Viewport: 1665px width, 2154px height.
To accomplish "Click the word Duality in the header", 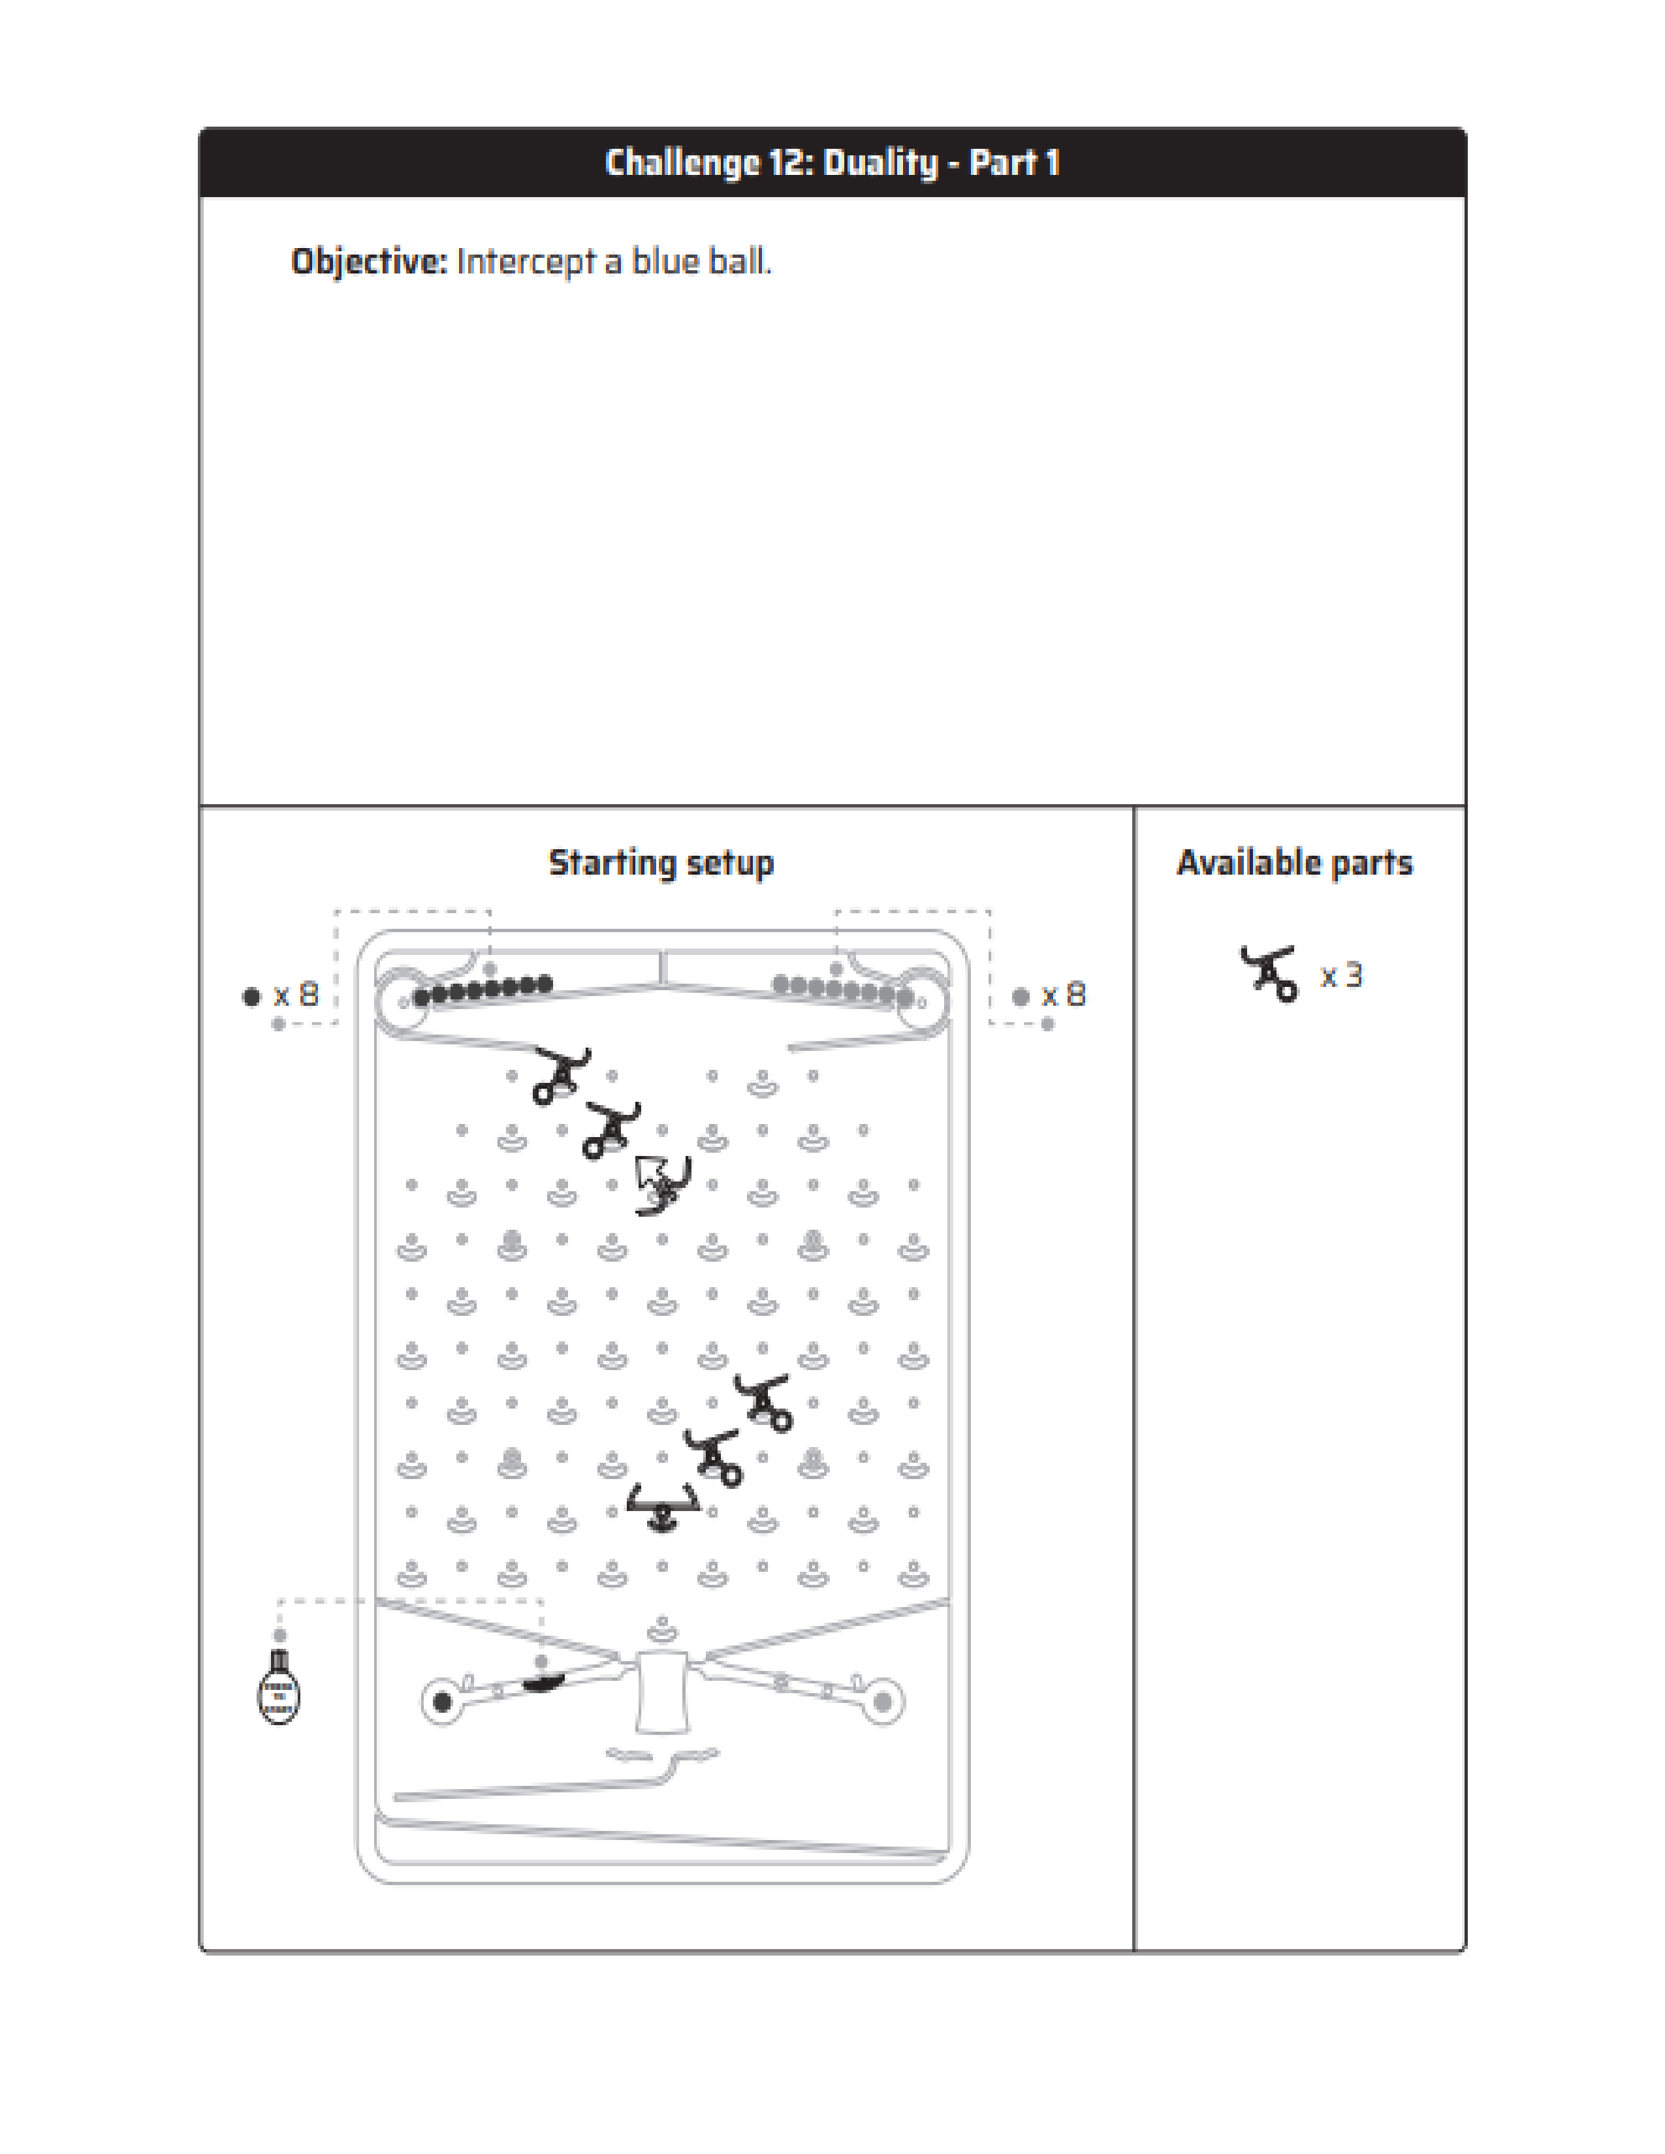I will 879,163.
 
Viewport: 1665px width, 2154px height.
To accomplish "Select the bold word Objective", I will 368,261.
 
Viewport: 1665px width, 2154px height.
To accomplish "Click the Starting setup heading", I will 661,863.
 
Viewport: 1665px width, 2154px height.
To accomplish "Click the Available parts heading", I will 1294,863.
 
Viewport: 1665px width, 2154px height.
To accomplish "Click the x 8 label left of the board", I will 296,995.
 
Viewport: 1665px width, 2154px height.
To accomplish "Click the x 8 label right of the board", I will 1063,995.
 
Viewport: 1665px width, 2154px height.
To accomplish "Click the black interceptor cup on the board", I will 663,1506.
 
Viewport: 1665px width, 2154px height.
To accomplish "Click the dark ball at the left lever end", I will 443,1701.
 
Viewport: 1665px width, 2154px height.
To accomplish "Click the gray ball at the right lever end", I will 883,1701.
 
